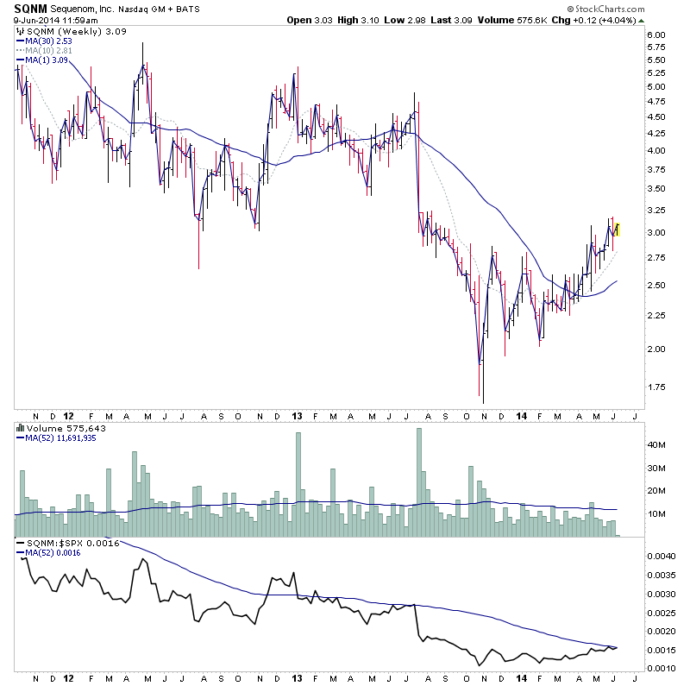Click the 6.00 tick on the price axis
coord(655,35)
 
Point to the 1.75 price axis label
coord(655,387)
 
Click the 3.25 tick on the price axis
coord(655,210)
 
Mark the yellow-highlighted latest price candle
coord(618,230)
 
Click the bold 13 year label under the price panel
coord(295,413)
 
